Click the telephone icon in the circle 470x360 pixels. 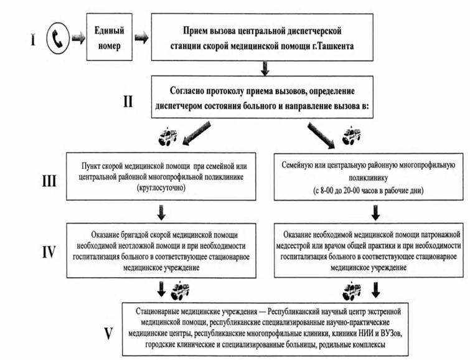[58, 39]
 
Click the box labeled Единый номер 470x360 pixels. [110, 37]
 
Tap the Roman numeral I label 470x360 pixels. [33, 39]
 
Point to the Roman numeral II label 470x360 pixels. [128, 102]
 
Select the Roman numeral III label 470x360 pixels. [49, 181]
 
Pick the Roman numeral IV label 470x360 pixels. [49, 252]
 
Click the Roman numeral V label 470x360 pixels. [108, 333]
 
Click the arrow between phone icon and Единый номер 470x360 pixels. [78, 39]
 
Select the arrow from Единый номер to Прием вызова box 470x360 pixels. [141, 38]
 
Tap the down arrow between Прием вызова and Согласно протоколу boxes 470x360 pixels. [265, 68]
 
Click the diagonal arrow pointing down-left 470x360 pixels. [197, 133]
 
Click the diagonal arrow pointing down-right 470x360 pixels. [321, 135]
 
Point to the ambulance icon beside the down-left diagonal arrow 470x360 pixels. [167, 137]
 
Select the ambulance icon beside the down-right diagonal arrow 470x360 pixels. [352, 136]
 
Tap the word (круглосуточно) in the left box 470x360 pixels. [161, 188]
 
